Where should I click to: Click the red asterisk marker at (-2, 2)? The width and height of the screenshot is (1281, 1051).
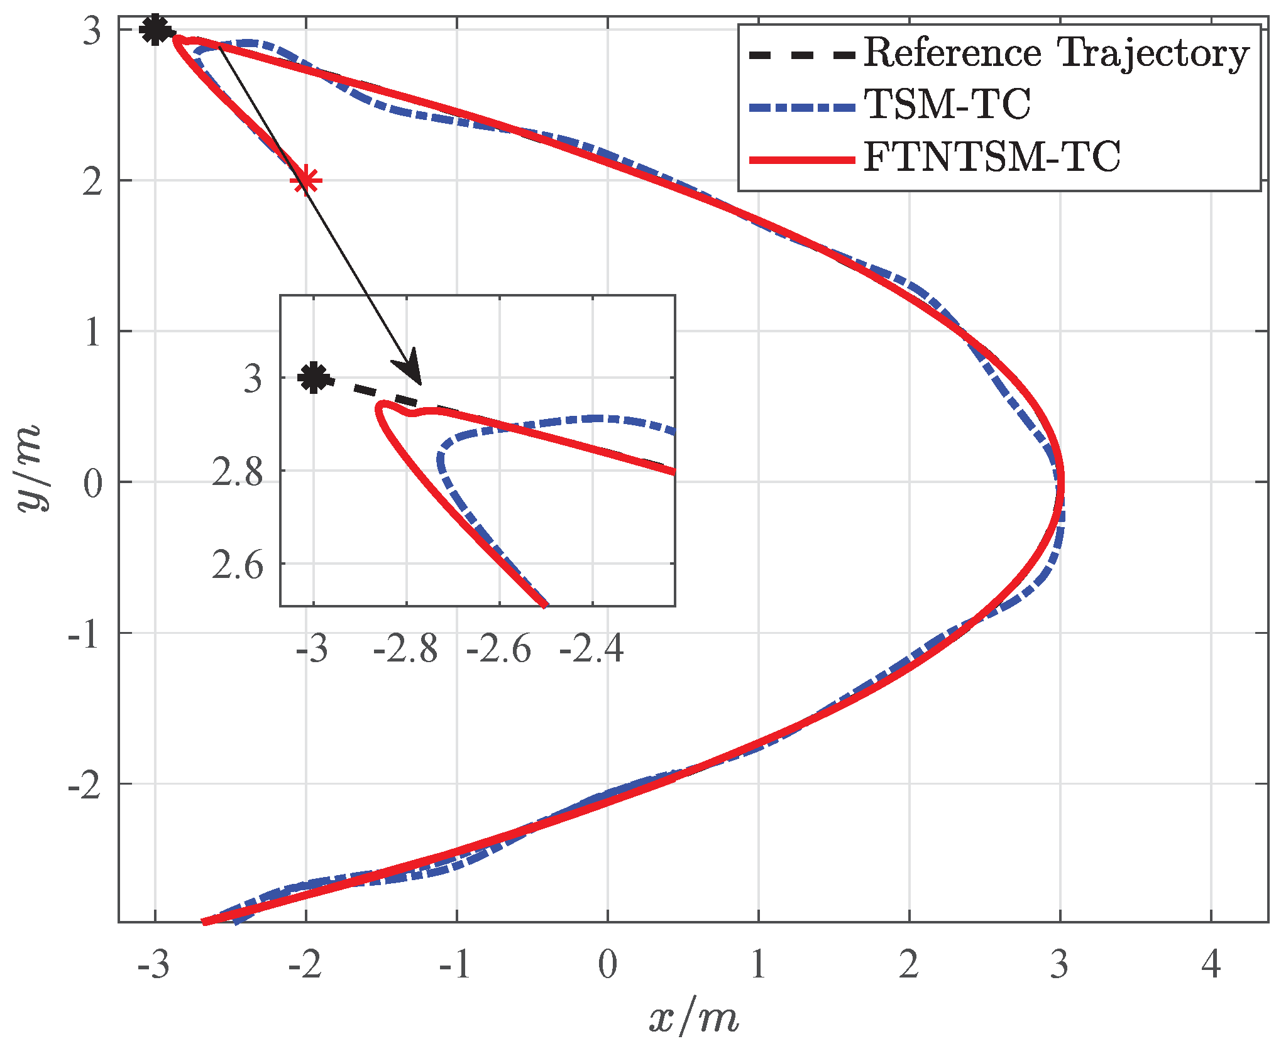[306, 181]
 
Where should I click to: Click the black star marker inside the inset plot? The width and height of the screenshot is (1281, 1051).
[314, 378]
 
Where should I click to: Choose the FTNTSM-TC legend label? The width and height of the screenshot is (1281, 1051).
[992, 157]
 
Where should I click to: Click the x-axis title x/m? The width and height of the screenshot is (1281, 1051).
[693, 1018]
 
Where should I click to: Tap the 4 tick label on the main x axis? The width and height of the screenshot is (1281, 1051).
[1211, 965]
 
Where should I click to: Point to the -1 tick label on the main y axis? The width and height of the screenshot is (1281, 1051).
[84, 634]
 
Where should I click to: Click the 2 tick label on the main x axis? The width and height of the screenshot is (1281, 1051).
[909, 965]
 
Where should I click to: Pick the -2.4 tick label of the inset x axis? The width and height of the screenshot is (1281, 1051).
[591, 649]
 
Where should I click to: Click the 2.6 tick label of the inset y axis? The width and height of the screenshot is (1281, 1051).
[238, 565]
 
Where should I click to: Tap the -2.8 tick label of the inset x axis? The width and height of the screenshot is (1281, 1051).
[405, 649]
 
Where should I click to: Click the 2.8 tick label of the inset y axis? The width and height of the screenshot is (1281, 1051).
[238, 472]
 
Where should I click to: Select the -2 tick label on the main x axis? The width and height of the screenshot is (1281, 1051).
[305, 965]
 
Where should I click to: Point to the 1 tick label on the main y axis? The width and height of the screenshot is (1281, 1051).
[92, 332]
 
